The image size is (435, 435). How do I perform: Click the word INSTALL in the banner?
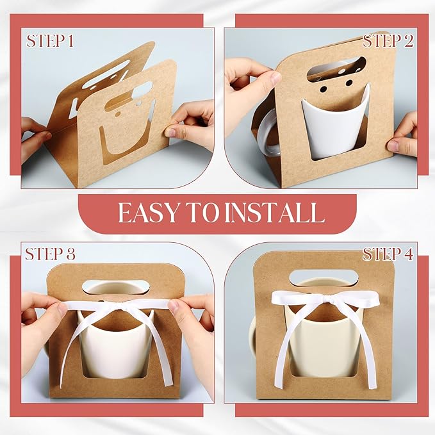278,212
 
